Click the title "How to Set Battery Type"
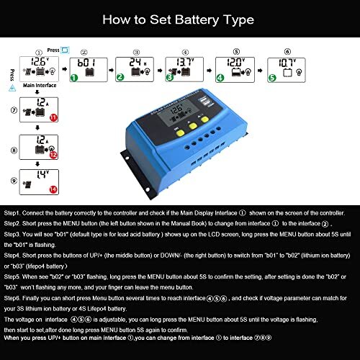coord(179,20)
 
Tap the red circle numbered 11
coord(53,117)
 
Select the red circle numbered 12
coord(53,154)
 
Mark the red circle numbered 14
coord(53,189)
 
